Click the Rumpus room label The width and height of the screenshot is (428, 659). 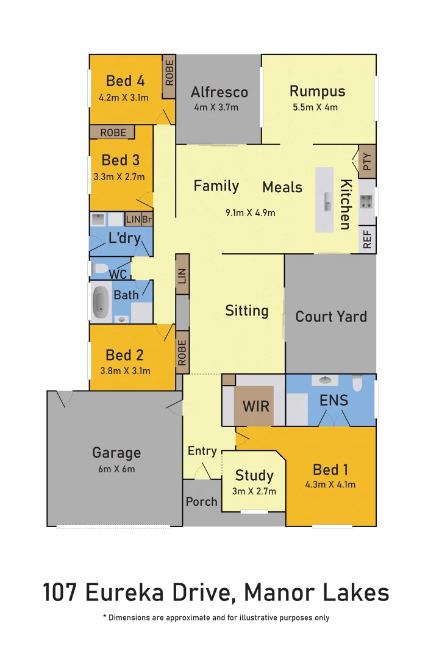[317, 92]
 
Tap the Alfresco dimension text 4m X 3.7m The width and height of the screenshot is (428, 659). [216, 107]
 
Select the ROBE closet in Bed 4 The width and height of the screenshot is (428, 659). [169, 72]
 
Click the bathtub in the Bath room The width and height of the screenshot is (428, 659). [102, 303]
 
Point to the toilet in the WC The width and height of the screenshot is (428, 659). [100, 268]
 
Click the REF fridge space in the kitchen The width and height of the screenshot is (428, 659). [366, 240]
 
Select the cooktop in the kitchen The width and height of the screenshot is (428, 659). [367, 201]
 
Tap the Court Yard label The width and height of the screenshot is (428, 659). [331, 316]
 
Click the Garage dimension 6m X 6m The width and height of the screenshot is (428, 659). [116, 469]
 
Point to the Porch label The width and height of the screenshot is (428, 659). [201, 502]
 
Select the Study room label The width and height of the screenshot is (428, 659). [254, 475]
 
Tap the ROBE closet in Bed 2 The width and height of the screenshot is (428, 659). [182, 352]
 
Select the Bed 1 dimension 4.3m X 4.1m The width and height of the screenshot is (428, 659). [330, 485]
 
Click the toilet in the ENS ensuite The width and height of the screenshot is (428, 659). [357, 382]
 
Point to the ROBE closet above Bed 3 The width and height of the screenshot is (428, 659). [113, 132]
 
